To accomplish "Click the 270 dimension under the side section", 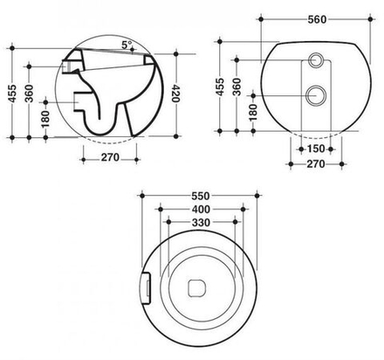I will (110, 159).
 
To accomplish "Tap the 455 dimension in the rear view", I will (222, 87).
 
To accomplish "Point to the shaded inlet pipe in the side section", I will (72, 65).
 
